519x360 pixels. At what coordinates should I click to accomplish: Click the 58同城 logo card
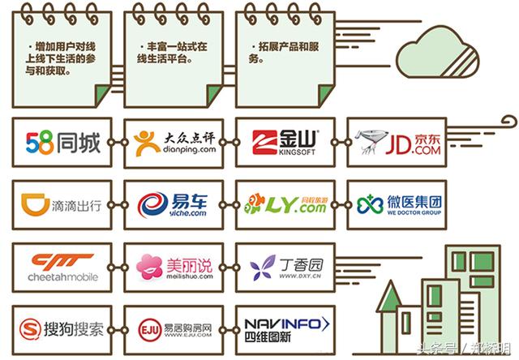click(x=62, y=144)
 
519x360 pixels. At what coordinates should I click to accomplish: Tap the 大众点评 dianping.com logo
click(x=174, y=144)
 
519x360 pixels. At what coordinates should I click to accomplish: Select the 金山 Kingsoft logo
click(x=285, y=144)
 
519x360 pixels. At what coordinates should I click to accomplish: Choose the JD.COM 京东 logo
click(x=397, y=144)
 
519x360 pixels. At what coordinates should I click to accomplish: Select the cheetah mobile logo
click(x=62, y=266)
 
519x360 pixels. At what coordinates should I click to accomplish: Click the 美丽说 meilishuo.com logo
click(x=174, y=266)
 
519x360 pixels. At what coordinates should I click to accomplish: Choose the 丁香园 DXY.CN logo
click(x=285, y=266)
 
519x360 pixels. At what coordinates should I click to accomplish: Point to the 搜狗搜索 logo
click(x=62, y=328)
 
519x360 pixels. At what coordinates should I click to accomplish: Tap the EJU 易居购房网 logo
click(x=174, y=328)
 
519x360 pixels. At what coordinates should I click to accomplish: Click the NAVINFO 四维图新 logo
click(x=285, y=328)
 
